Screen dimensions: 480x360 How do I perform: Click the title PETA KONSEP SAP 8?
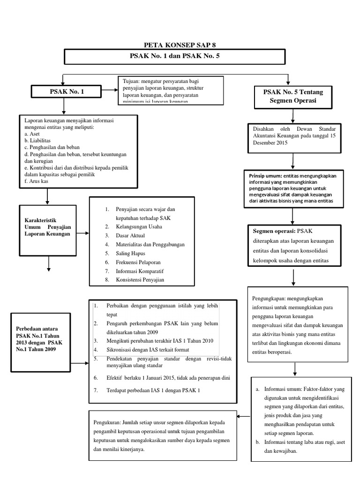[174, 45]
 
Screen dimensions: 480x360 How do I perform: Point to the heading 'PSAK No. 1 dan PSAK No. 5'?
[174, 57]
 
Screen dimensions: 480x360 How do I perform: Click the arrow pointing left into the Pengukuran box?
[244, 415]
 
